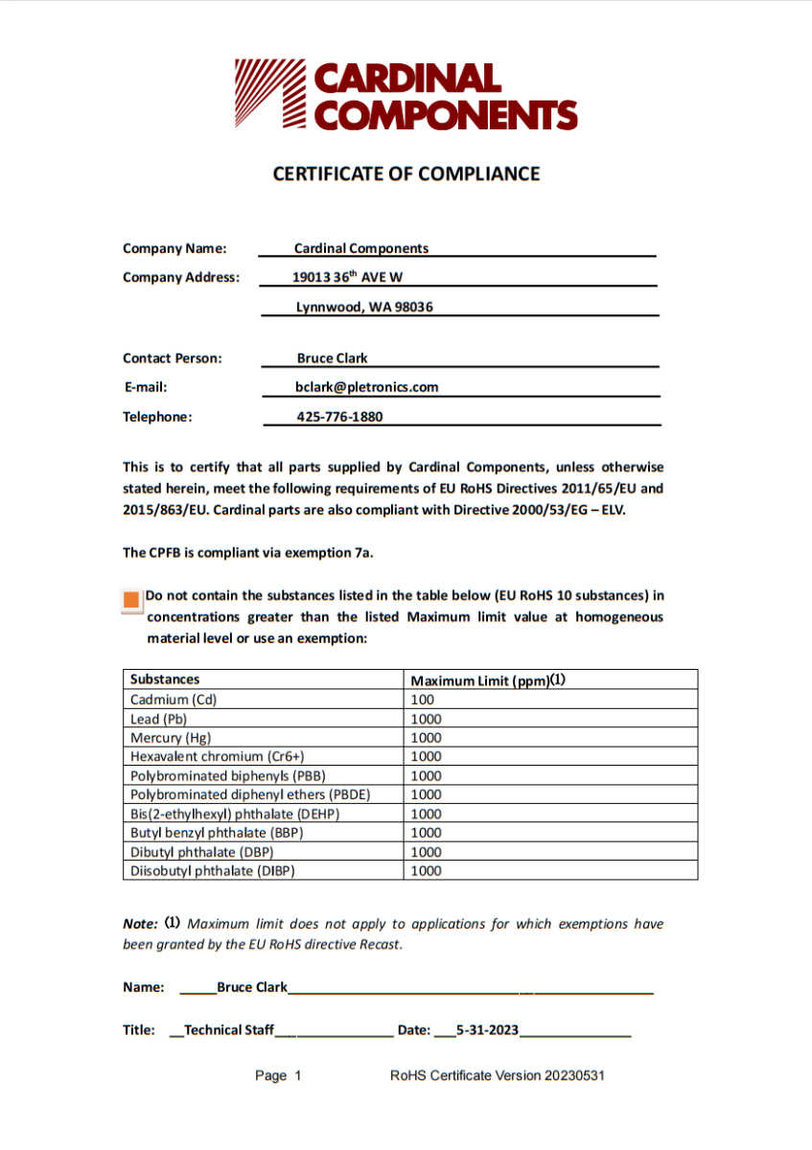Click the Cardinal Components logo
(x=406, y=95)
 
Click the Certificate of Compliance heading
(x=406, y=173)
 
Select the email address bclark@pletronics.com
(x=366, y=387)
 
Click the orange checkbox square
(x=132, y=601)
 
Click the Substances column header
(x=165, y=679)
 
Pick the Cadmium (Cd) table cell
(x=174, y=700)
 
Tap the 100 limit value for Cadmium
(x=422, y=700)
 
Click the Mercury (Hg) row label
(x=171, y=738)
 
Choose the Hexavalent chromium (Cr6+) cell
(x=217, y=756)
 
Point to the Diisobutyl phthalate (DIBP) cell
(x=212, y=871)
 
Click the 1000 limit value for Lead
(x=426, y=719)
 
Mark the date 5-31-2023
(x=487, y=1030)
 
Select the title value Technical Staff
(x=229, y=1030)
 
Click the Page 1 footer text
(x=278, y=1076)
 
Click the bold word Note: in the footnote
(x=140, y=925)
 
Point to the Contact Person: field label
(x=173, y=358)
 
